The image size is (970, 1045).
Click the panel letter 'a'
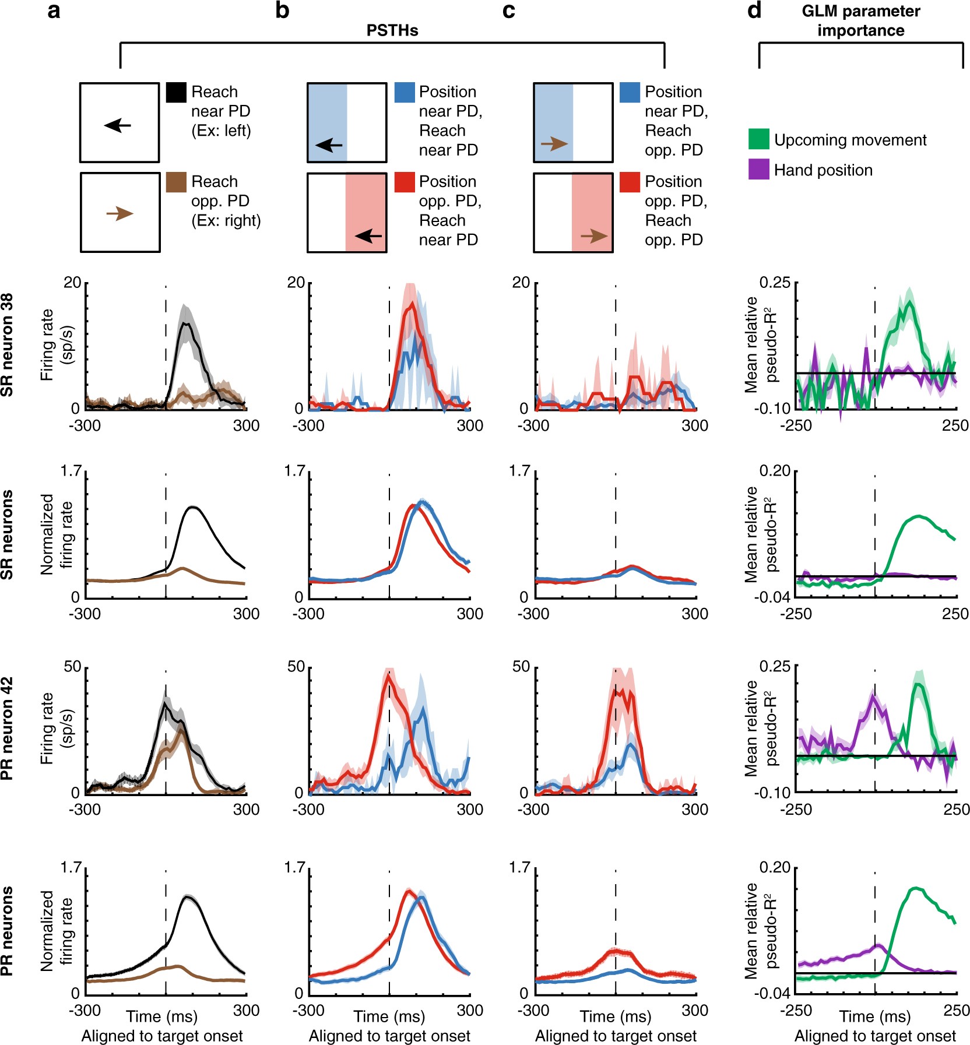coord(54,10)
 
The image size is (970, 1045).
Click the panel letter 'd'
coord(754,10)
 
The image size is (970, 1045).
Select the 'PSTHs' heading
coord(392,30)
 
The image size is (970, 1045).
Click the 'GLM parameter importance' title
coord(860,21)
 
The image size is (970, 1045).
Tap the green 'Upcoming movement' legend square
coord(758,139)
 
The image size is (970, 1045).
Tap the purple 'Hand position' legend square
coord(758,170)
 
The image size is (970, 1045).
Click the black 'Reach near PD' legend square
coord(176,93)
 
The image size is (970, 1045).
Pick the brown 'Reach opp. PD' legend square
coord(176,182)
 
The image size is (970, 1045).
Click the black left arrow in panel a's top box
coord(118,125)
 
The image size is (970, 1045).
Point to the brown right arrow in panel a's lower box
coord(120,214)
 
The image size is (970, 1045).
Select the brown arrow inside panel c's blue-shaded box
coord(554,143)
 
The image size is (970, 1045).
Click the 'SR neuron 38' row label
coord(7,344)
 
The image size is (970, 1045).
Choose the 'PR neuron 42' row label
coord(7,728)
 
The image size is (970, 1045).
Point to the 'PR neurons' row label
coord(7,931)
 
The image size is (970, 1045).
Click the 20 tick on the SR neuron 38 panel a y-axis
coord(72,283)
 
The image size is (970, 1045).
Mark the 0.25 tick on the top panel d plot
coord(775,283)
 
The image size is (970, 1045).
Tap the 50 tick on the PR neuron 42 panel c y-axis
coord(521,667)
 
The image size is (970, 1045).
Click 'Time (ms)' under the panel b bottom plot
coord(389,1017)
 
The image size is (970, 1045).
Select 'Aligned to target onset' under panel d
coord(875,1036)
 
